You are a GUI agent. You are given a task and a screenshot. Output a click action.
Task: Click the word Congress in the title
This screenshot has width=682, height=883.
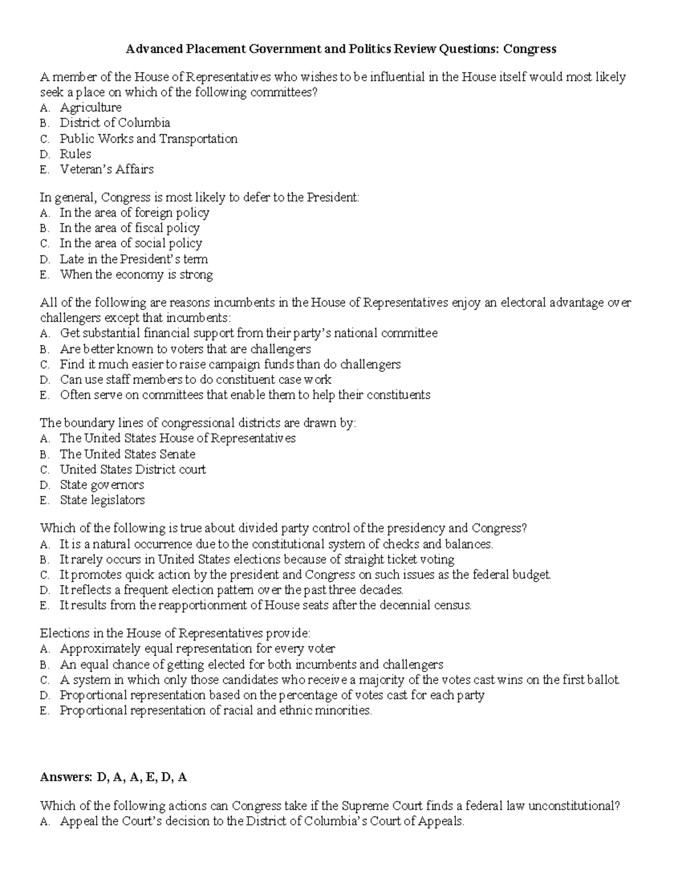[530, 49]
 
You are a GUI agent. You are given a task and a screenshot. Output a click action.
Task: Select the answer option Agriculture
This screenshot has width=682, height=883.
[90, 107]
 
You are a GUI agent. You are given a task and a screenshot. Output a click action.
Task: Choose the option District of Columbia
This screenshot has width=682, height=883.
[115, 123]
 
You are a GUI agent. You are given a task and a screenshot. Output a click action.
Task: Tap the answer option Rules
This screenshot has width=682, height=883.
[76, 154]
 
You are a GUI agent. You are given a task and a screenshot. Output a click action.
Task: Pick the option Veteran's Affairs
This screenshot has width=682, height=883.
[106, 169]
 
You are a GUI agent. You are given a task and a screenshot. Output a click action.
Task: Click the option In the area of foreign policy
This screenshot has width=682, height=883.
[134, 213]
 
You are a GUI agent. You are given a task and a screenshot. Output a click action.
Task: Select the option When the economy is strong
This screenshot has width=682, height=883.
[136, 275]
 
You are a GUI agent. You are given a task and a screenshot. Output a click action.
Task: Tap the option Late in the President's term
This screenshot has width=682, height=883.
[134, 259]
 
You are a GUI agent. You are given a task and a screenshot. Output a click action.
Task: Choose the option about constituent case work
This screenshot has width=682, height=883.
[196, 380]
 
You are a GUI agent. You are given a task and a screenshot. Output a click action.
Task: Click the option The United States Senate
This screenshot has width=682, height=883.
[127, 454]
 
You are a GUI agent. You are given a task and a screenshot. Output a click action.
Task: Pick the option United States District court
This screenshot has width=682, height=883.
[132, 470]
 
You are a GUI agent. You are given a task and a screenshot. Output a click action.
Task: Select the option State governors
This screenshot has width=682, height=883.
[102, 485]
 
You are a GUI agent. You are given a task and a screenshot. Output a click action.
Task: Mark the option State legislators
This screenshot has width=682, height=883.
[102, 500]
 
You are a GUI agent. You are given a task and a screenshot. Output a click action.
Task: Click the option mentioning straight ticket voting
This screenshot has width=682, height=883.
[257, 559]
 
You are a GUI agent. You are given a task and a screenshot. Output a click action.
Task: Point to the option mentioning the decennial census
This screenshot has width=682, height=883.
[265, 606]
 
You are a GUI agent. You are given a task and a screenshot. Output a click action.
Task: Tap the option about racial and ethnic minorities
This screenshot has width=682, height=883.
[216, 711]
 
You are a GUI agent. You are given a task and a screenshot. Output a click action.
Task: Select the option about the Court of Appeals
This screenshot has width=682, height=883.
[262, 822]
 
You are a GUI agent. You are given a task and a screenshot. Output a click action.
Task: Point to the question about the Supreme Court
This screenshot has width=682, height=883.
[330, 806]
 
